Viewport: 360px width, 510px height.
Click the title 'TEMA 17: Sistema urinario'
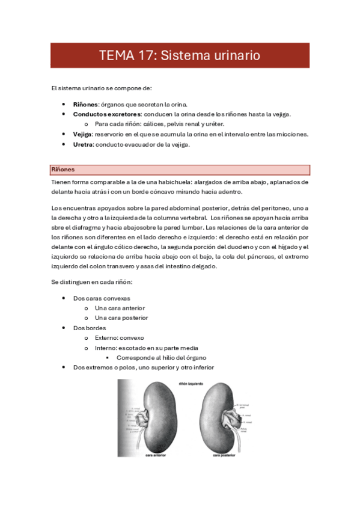[180, 55]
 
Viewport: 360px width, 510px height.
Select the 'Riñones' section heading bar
[180, 170]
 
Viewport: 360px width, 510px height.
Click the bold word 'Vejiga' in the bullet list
[83, 134]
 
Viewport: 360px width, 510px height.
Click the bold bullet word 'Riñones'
[86, 104]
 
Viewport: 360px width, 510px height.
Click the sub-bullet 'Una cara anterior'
[120, 308]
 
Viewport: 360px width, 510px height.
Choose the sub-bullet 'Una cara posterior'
[121, 318]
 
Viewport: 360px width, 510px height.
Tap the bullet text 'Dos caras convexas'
[101, 298]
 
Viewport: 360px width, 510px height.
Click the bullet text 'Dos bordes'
[89, 328]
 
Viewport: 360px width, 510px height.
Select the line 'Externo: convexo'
[119, 338]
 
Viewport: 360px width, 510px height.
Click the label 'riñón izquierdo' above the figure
[191, 382]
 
